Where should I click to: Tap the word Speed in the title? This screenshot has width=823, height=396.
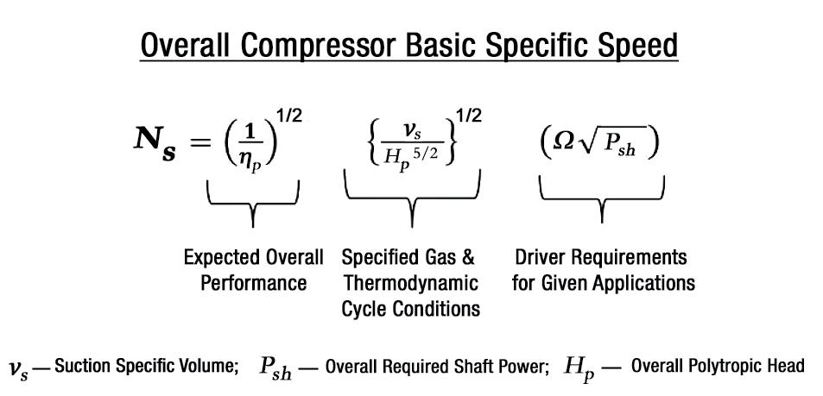[x=634, y=44]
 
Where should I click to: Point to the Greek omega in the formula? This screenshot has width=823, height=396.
[x=562, y=141]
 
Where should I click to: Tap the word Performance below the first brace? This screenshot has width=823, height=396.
[x=252, y=282]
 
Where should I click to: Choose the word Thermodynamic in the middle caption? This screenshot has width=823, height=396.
[x=410, y=282]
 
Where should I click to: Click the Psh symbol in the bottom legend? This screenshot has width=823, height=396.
[x=275, y=366]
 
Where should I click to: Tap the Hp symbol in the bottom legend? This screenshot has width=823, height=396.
[x=579, y=367]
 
